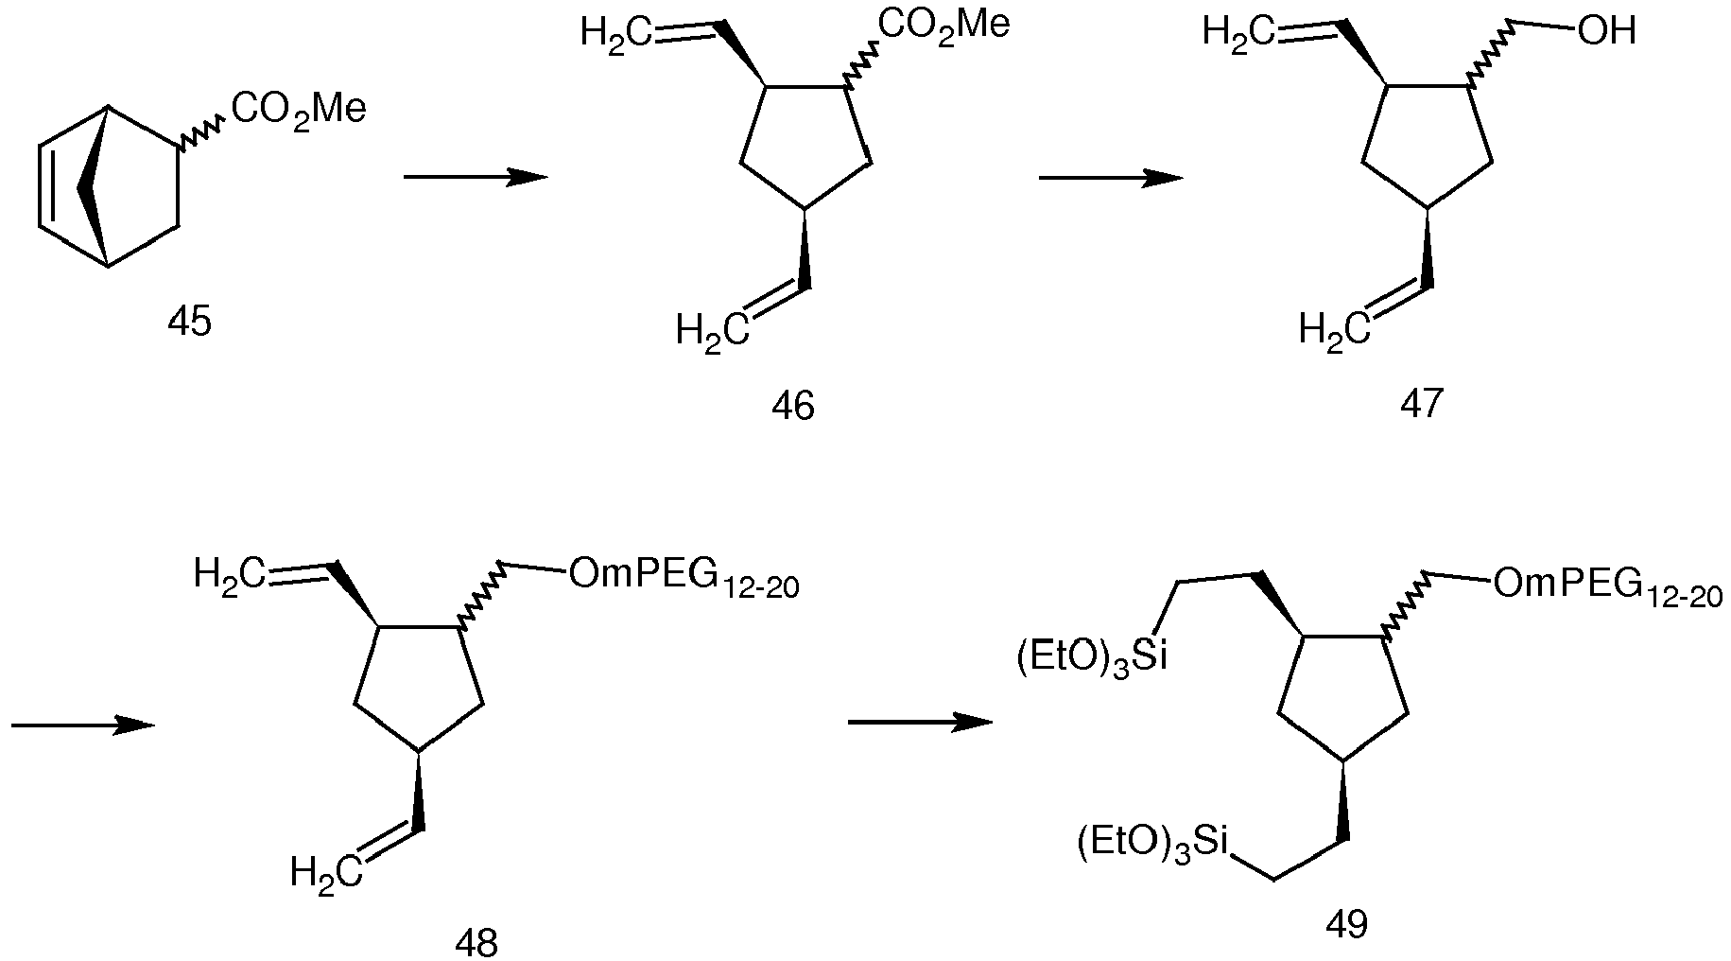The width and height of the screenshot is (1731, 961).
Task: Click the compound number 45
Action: point(189,323)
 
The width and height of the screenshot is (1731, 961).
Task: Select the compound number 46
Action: point(792,406)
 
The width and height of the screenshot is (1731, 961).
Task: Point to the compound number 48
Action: point(476,942)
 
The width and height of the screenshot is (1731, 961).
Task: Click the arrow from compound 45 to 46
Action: point(476,177)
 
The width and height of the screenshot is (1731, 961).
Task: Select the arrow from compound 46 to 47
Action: point(1111,178)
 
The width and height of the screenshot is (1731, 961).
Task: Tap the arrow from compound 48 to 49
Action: point(921,723)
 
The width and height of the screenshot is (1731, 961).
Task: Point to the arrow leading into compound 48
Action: point(83,725)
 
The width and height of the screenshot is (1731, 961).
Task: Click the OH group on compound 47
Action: point(1605,32)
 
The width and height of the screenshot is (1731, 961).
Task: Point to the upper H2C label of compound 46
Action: point(615,34)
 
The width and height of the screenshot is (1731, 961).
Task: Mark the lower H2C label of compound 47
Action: point(1334,332)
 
